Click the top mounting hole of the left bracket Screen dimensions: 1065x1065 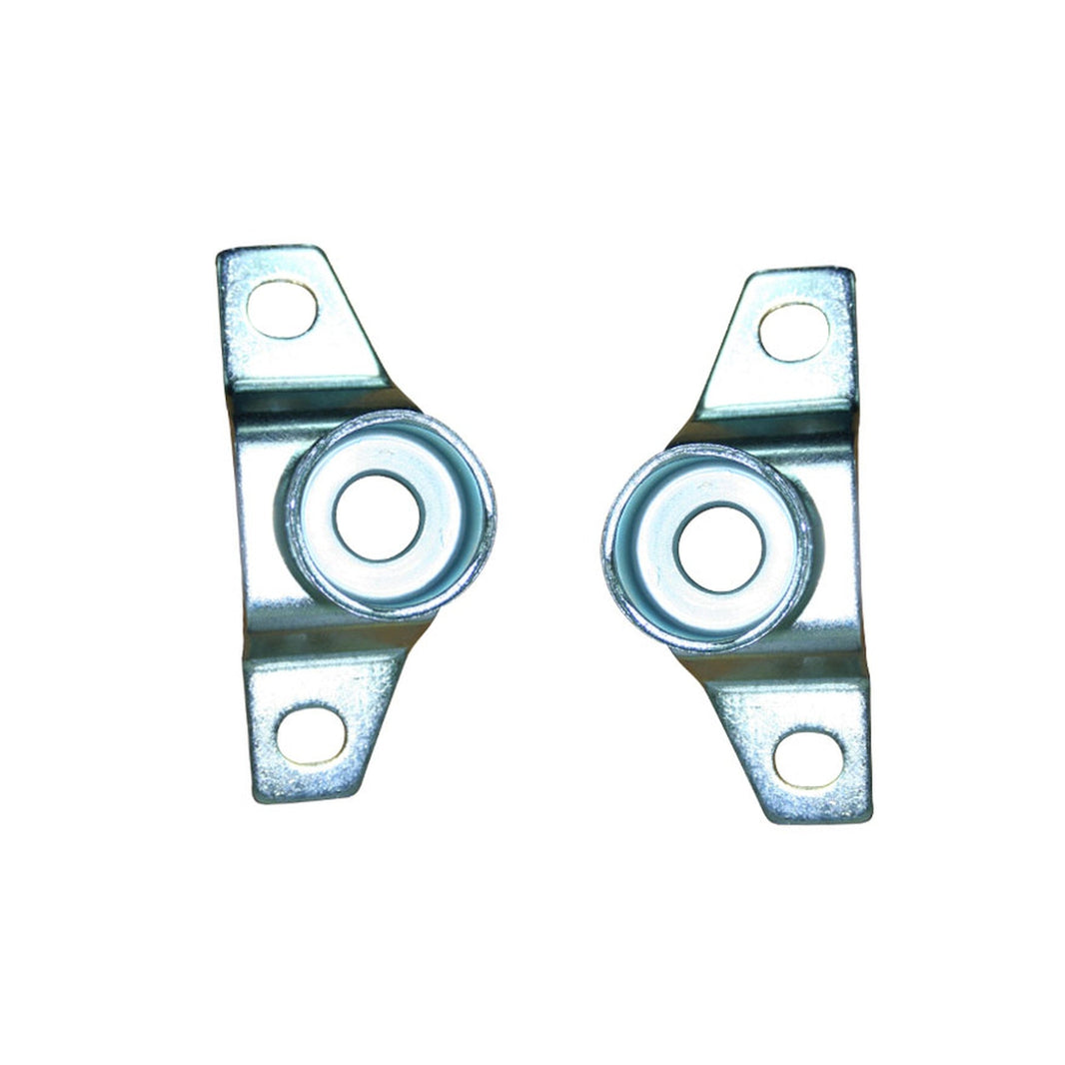click(x=282, y=309)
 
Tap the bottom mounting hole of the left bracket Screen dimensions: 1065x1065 click(x=311, y=735)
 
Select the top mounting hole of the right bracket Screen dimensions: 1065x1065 click(x=793, y=332)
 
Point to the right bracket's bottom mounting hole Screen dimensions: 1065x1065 click(x=807, y=759)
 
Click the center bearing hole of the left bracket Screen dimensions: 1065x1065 click(x=379, y=517)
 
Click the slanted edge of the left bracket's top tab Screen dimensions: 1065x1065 click(x=355, y=315)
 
